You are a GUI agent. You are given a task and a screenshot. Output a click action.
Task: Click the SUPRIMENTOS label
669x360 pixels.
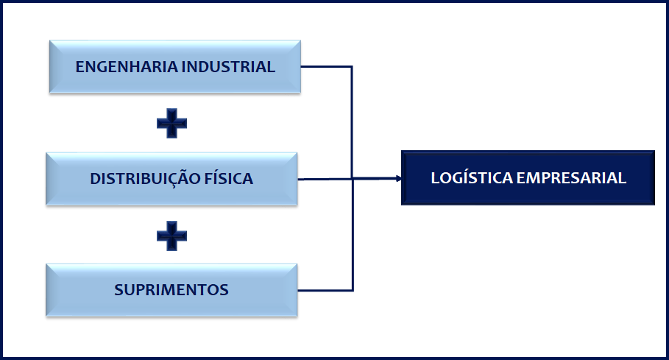tap(171, 290)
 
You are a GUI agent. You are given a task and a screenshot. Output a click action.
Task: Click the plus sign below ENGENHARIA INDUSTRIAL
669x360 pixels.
tap(171, 123)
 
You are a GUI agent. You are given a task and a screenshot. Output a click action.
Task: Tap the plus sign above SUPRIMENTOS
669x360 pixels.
tap(171, 236)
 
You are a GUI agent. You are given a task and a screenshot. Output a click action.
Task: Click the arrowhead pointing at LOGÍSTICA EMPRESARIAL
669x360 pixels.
tap(397, 178)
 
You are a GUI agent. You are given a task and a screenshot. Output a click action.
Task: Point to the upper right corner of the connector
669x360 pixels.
tap(353, 67)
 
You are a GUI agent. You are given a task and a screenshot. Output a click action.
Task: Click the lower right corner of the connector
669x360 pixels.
tap(353, 289)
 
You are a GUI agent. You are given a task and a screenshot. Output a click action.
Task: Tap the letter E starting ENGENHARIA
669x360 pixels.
tap(80, 67)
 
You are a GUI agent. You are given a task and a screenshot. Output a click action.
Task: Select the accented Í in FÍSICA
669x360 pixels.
tap(219, 178)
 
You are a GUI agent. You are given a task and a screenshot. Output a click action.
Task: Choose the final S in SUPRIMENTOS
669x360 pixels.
tap(224, 290)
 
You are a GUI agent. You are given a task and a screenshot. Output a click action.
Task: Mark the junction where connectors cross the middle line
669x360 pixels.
tap(353, 178)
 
